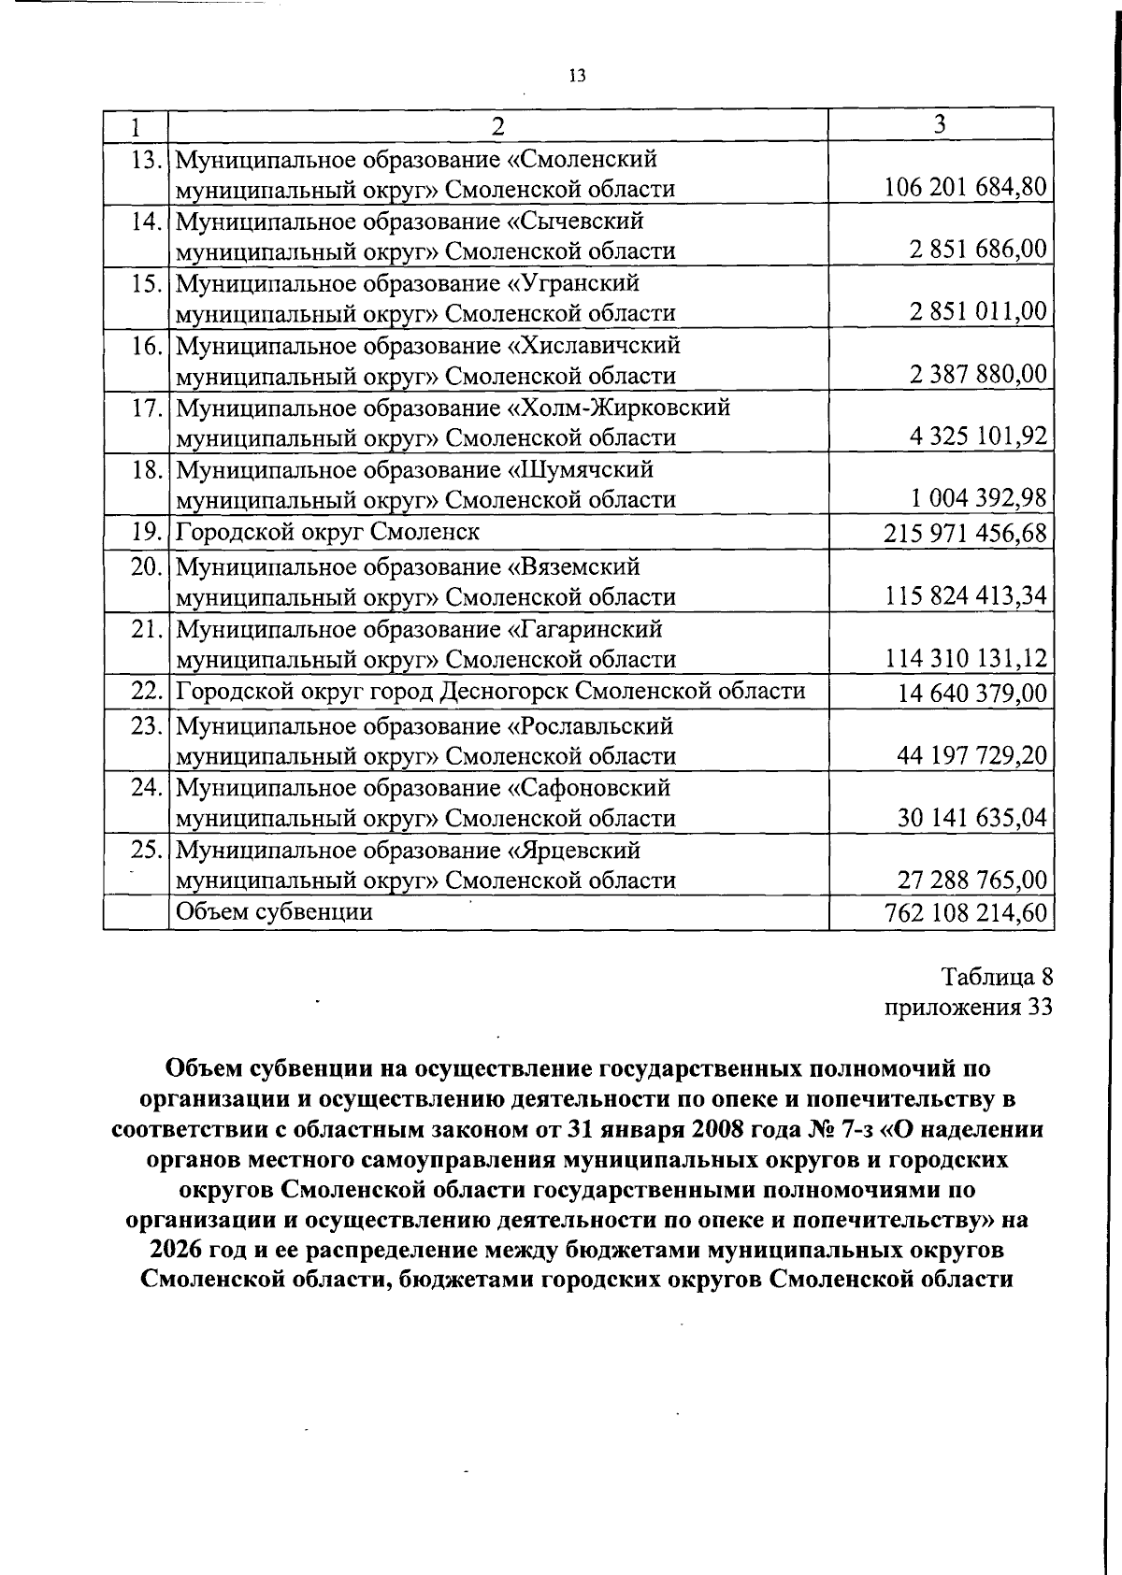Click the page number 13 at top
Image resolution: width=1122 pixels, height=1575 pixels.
click(576, 77)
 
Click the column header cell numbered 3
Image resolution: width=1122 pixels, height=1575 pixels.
click(941, 124)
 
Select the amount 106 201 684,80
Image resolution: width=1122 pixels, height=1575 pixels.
click(965, 187)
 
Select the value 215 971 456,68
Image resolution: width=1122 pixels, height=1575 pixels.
click(965, 534)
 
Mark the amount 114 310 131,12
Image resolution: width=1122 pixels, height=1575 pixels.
click(965, 659)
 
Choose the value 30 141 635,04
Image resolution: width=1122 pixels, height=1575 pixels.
click(971, 818)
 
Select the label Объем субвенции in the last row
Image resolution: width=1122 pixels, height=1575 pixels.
click(274, 911)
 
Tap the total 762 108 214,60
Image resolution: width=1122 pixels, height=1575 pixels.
click(965, 912)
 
